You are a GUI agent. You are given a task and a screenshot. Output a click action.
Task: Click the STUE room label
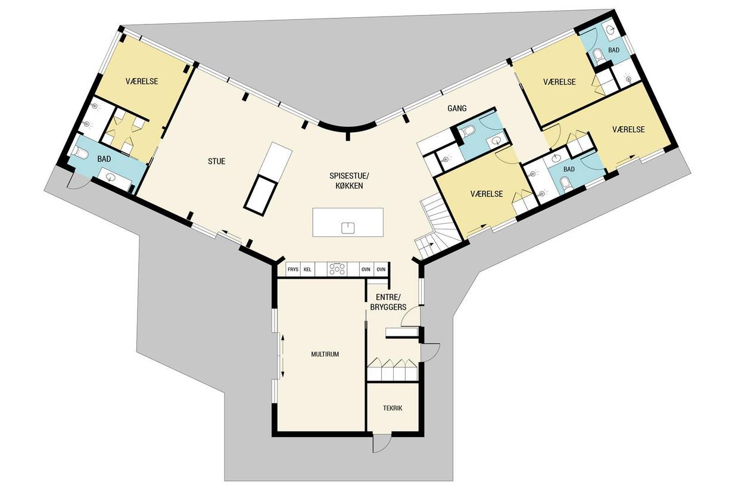click(x=217, y=161)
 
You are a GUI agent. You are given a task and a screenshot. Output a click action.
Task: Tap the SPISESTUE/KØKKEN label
click(x=349, y=181)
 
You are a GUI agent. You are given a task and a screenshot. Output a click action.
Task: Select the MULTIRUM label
click(x=325, y=354)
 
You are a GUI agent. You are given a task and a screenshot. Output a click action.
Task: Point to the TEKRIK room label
click(x=393, y=408)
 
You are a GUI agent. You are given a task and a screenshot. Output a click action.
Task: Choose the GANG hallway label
click(x=457, y=108)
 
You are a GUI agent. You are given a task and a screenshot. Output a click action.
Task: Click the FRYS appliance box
click(x=293, y=270)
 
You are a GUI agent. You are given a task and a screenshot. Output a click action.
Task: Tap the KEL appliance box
click(x=307, y=270)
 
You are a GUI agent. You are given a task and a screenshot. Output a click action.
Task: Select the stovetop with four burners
click(x=338, y=270)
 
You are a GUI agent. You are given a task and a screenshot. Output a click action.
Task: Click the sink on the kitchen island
click(x=348, y=227)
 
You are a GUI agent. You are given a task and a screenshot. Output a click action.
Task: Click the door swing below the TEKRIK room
click(x=382, y=444)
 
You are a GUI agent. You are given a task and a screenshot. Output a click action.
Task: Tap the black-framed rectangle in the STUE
click(x=260, y=196)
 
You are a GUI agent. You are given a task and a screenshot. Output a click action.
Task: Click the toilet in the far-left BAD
click(x=80, y=152)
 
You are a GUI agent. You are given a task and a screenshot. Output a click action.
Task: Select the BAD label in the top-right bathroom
click(x=613, y=50)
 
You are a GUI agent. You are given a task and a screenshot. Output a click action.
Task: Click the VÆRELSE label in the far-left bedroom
click(x=142, y=82)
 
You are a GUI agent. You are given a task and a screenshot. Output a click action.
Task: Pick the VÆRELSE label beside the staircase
click(x=487, y=194)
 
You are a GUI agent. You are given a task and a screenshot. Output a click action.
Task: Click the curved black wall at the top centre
click(x=347, y=128)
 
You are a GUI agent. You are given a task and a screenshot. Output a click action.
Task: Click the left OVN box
click(x=366, y=270)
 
